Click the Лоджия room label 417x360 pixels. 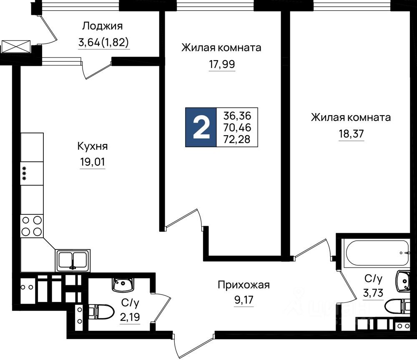[103, 26]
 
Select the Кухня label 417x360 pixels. [93, 146]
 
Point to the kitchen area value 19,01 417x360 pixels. [93, 162]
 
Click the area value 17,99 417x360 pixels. [222, 64]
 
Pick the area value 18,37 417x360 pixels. [351, 134]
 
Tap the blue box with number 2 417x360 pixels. [201, 128]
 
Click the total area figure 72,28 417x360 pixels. [237, 139]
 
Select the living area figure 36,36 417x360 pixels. [237, 116]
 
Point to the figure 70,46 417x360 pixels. [237, 128]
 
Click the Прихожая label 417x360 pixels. [244, 285]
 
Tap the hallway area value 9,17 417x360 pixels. [244, 300]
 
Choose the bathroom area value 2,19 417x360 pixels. [130, 317]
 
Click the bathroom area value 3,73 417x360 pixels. [373, 293]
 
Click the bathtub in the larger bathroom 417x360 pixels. [376, 253]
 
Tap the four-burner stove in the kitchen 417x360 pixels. [32, 226]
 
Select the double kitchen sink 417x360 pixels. [73, 260]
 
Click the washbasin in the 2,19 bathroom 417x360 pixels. [123, 284]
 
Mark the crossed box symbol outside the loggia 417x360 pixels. [16, 47]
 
